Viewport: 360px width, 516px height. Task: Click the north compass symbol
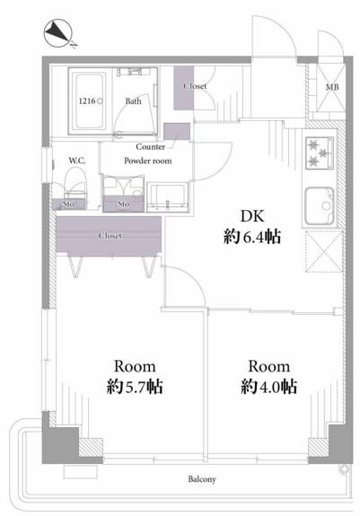point(58,33)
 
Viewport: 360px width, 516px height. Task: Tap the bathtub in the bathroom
point(90,101)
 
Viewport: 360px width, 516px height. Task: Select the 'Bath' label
point(133,101)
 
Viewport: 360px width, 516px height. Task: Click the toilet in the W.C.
point(75,183)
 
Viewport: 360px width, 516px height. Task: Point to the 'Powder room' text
point(148,161)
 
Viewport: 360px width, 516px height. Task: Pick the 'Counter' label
point(151,146)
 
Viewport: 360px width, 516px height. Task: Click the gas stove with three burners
point(320,153)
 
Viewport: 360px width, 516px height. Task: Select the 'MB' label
point(331,87)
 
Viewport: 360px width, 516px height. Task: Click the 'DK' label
point(252,216)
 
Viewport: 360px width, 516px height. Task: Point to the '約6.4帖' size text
point(252,237)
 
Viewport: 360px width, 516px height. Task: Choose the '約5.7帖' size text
point(135,387)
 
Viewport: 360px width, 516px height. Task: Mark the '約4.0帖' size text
point(268,387)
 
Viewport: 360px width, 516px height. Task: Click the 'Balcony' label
point(202,479)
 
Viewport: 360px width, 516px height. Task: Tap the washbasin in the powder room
point(168,197)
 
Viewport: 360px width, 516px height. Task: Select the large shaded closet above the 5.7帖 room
point(109,234)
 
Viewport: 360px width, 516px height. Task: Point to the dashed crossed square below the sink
point(324,251)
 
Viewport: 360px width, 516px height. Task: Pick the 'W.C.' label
point(77,161)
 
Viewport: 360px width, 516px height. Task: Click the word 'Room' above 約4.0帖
point(268,366)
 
